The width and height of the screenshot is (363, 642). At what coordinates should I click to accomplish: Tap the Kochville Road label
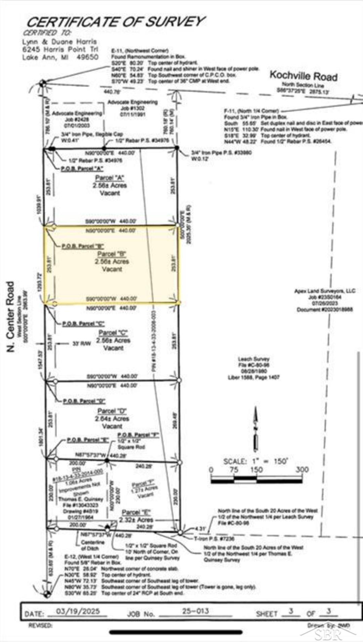[303, 76]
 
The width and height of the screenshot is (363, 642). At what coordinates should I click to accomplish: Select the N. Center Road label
[11, 316]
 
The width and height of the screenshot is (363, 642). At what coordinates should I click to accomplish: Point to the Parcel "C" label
[113, 333]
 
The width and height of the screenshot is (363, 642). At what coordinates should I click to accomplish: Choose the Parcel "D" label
[112, 411]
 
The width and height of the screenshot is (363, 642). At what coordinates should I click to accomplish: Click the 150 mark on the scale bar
[256, 470]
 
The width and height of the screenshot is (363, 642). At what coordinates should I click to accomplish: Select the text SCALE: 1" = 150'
[256, 461]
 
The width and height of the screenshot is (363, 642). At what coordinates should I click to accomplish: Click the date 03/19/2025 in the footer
[78, 611]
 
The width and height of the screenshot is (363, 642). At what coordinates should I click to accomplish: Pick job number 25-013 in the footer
[196, 611]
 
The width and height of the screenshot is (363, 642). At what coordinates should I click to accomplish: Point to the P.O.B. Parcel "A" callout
[82, 168]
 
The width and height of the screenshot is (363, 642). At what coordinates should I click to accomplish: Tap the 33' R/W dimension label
[82, 343]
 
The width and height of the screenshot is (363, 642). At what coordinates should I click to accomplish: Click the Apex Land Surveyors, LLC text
[325, 291]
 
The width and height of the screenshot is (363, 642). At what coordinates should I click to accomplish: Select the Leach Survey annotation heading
[253, 359]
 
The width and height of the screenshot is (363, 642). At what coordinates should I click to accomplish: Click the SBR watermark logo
[328, 634]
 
